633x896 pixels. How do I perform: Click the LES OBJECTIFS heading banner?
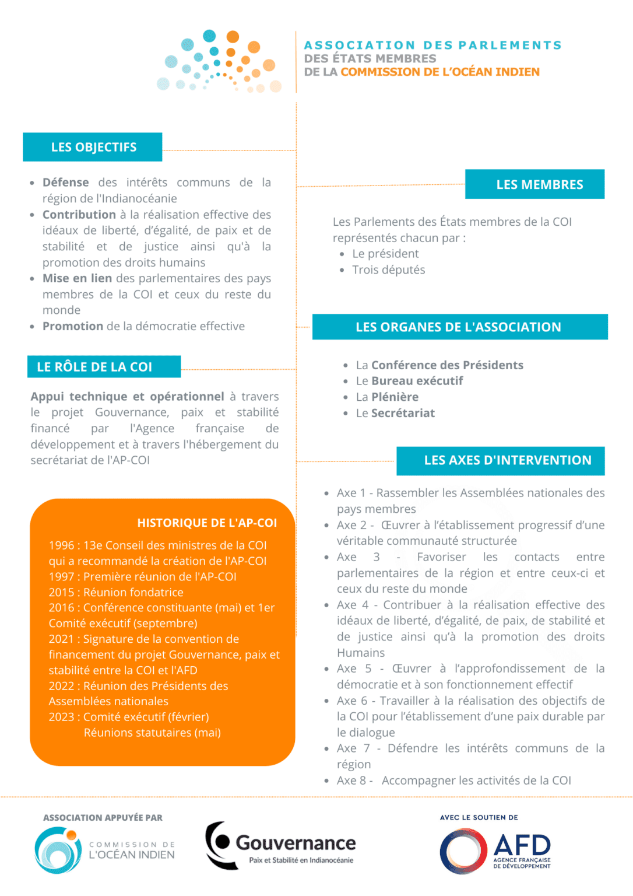[93, 147]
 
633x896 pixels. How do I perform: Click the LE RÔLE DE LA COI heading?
[94, 367]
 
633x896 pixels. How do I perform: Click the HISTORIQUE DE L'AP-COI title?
[207, 523]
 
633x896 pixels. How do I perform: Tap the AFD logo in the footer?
[495, 851]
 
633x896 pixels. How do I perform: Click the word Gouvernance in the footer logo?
[296, 843]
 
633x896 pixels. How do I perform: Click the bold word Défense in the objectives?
[66, 183]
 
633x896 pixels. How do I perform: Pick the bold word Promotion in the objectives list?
[73, 326]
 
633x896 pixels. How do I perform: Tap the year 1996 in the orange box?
[61, 545]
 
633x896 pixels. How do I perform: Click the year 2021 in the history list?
[61, 639]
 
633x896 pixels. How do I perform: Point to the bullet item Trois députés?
[388, 269]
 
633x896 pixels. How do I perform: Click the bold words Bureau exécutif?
[417, 381]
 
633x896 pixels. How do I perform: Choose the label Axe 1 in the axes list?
[351, 493]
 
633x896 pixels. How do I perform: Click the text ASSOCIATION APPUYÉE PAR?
[103, 818]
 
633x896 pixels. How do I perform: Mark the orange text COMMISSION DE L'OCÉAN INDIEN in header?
[440, 72]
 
